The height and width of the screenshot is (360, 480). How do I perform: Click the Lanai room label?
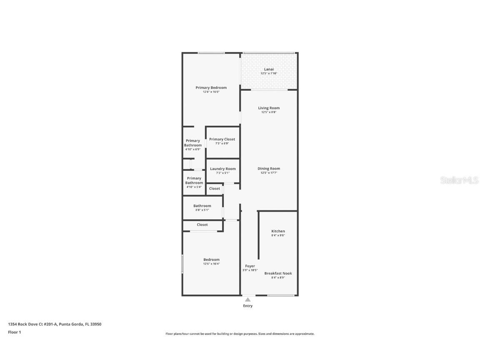coord(269,70)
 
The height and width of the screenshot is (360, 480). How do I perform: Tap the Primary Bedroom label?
coord(211,87)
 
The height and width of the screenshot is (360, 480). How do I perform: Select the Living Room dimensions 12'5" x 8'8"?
coord(269,112)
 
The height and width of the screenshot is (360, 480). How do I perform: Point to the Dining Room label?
coord(269,168)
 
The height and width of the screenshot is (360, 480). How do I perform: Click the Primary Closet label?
coord(222,139)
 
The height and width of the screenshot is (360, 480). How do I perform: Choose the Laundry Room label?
coord(223,169)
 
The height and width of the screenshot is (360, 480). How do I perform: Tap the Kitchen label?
coord(278,231)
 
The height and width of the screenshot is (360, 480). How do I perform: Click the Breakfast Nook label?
coord(278,273)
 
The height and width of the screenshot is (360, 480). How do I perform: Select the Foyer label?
coord(250,266)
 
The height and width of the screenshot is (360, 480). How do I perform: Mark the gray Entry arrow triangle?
coord(247,300)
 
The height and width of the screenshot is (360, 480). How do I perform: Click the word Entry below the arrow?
coord(247,306)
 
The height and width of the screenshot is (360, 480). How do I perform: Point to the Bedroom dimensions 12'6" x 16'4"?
coord(212,264)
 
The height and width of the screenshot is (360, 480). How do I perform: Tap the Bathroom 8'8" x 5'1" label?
coord(202,207)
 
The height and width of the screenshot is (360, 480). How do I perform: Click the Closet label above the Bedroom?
coord(202,225)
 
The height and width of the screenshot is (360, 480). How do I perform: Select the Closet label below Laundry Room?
coord(214,189)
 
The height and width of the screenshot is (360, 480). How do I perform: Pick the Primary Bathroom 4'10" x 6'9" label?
coord(193,145)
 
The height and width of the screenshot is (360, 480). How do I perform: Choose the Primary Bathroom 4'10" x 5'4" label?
coord(194,182)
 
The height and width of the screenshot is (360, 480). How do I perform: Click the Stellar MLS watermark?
coord(459,180)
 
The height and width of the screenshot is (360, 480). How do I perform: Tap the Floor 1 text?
coord(15,332)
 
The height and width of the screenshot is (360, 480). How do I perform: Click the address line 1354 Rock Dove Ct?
coord(55,324)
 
